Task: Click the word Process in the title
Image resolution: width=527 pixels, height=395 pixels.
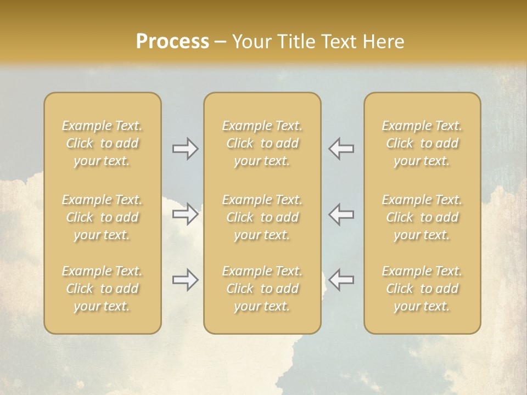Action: pyautogui.click(x=172, y=42)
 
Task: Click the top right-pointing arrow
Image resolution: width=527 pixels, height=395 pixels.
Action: pyautogui.click(x=186, y=149)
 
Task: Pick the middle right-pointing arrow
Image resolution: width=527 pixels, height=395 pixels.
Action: pyautogui.click(x=186, y=214)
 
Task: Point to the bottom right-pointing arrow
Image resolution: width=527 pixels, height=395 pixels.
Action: pyautogui.click(x=186, y=280)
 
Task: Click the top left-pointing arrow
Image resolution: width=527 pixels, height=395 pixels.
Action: pyautogui.click(x=341, y=149)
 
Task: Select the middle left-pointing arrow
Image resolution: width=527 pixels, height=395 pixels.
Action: pyautogui.click(x=341, y=214)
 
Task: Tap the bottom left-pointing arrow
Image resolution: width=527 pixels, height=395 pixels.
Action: pyautogui.click(x=341, y=280)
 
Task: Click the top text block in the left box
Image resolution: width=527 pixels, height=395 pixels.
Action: pyautogui.click(x=102, y=143)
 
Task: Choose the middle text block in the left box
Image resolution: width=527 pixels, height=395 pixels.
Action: pyautogui.click(x=102, y=217)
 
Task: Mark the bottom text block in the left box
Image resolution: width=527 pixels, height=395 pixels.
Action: pyautogui.click(x=102, y=289)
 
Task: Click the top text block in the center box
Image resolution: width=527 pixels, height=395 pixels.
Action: pyautogui.click(x=262, y=143)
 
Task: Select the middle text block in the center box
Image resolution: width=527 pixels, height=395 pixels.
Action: pyautogui.click(x=262, y=217)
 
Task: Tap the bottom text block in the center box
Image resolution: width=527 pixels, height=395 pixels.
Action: pyautogui.click(x=262, y=289)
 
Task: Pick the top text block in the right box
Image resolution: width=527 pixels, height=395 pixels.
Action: pyautogui.click(x=422, y=143)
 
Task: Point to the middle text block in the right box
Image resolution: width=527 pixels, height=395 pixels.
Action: pyautogui.click(x=422, y=217)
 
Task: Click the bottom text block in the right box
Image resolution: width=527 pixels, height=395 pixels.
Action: pyautogui.click(x=422, y=289)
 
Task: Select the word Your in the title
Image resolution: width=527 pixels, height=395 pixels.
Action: pyautogui.click(x=250, y=42)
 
